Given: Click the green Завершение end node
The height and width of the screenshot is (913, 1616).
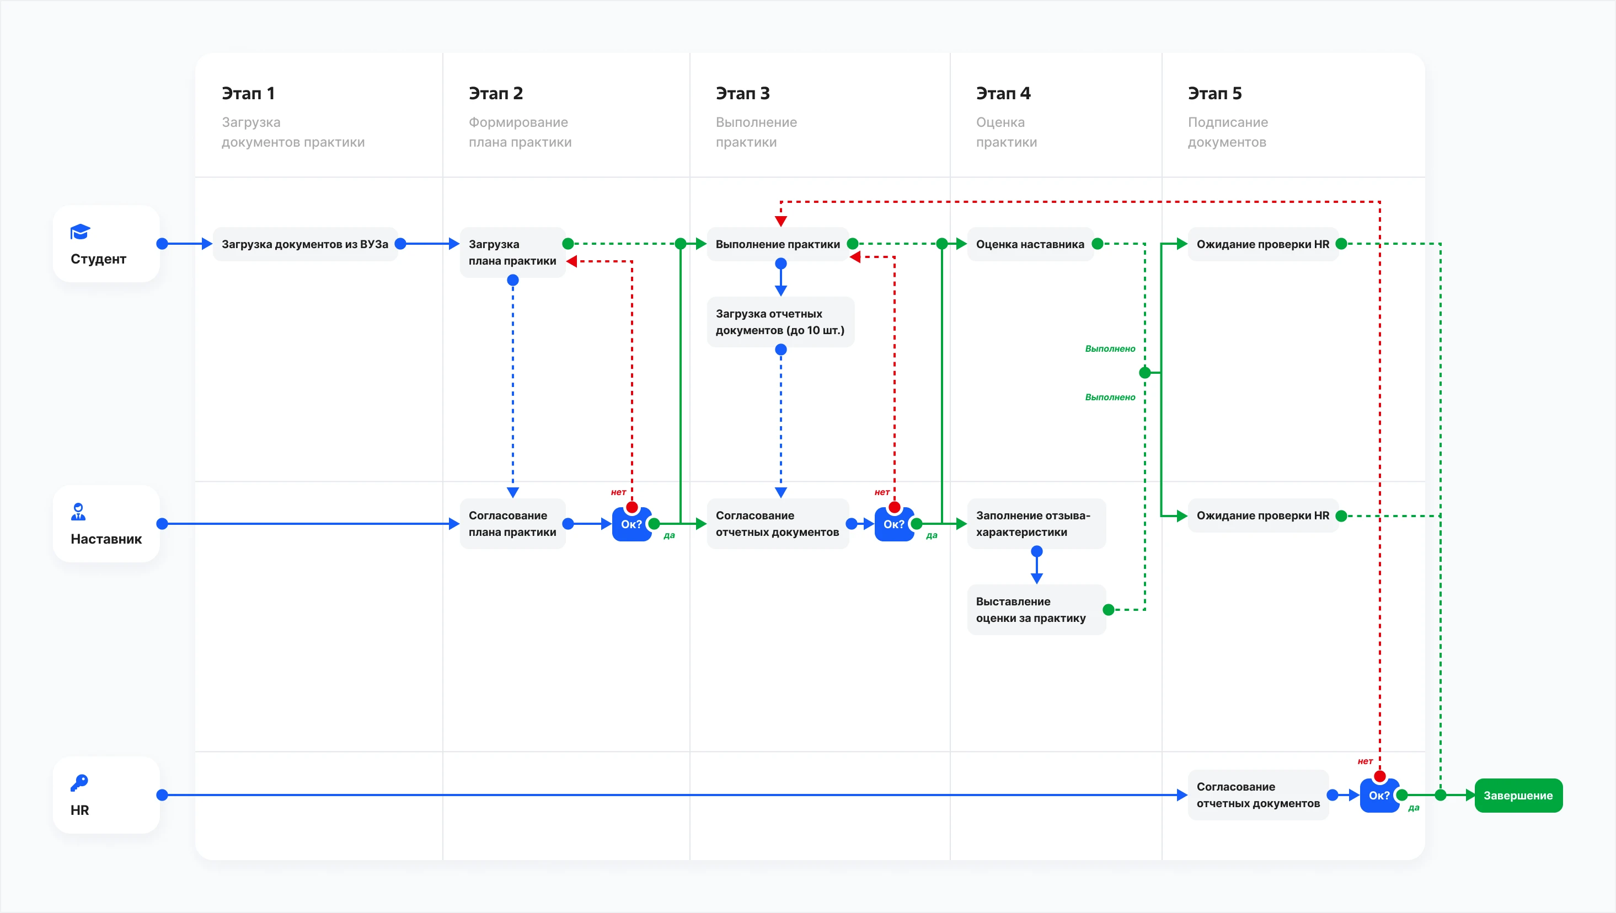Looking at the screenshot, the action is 1518,795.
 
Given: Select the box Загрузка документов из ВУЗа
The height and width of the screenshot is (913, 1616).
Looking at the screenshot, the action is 305,244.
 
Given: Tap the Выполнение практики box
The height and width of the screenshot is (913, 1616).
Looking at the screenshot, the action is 778,244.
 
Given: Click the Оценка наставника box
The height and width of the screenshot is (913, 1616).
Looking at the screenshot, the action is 1030,244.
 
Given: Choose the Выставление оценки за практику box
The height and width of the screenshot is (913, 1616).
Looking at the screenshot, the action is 1036,610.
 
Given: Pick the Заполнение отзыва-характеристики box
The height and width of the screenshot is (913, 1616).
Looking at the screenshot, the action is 1036,524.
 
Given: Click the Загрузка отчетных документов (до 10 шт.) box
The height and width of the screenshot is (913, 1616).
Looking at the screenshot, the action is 780,321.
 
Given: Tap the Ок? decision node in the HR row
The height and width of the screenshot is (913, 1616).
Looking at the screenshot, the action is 1379,795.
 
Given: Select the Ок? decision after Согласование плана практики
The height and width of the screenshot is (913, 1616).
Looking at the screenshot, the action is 632,524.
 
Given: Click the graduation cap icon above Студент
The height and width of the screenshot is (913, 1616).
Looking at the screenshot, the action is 81,232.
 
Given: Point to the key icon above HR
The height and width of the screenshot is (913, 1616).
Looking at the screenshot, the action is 79,782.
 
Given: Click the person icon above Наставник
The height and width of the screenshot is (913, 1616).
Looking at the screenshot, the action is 78,512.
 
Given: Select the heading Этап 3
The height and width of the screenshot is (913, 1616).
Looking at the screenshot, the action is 743,93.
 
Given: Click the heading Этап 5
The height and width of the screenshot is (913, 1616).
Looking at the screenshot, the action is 1214,93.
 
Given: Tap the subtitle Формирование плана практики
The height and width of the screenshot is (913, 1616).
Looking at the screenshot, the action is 520,132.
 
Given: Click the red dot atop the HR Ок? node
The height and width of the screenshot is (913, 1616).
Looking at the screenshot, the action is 1379,777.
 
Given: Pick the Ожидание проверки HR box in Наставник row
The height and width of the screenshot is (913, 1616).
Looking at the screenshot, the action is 1263,515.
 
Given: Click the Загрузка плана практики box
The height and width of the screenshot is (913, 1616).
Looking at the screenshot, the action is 512,252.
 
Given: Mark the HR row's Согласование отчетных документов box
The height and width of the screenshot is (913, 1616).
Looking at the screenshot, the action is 1259,795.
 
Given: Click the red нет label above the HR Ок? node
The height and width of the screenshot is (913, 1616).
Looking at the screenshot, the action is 1365,761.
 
